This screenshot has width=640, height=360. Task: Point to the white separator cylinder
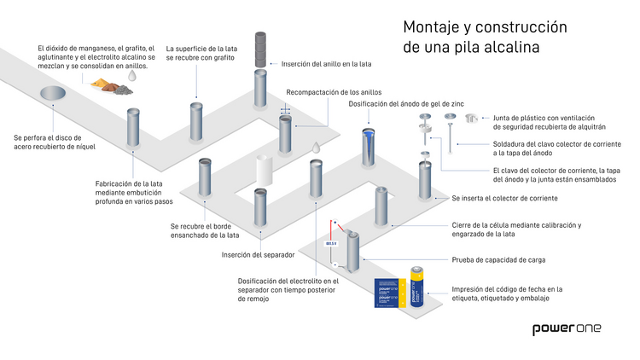tap(264, 171)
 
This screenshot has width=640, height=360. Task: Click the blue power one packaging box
tap(388, 293)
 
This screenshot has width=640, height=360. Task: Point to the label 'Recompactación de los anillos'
tap(334, 92)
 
